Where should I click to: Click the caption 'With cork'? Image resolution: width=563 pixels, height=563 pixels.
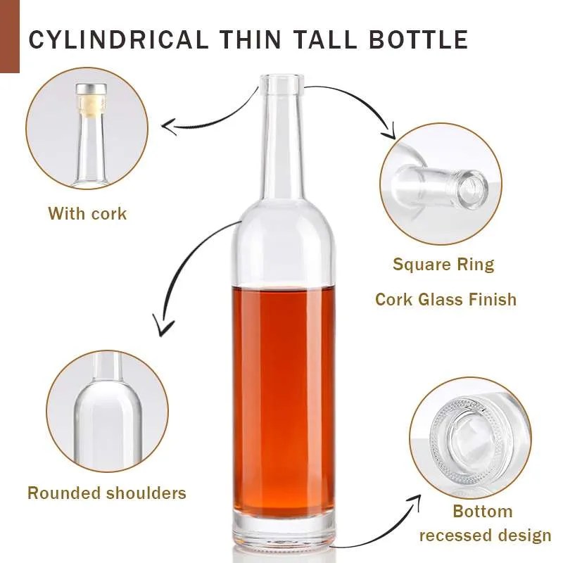(87, 213)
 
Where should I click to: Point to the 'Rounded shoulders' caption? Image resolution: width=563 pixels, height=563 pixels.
(107, 493)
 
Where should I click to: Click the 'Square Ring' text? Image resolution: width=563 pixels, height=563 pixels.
(443, 265)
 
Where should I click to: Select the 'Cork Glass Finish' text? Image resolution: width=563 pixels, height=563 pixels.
(445, 299)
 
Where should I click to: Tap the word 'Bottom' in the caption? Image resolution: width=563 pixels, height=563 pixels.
(482, 511)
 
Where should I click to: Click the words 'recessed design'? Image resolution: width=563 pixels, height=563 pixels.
(485, 536)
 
